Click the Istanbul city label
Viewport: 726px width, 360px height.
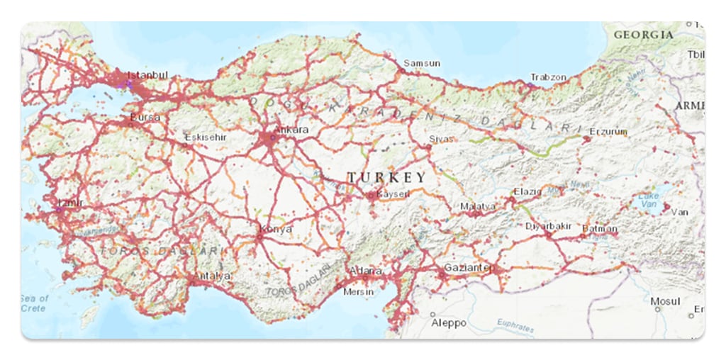(147, 74)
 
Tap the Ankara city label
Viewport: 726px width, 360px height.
(292, 130)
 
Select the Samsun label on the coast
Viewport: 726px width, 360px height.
(422, 63)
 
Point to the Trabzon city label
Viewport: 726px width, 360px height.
(549, 77)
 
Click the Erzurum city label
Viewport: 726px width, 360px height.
(608, 131)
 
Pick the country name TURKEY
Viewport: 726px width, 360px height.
(386, 177)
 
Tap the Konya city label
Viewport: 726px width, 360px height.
(277, 229)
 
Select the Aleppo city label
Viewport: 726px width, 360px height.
(449, 323)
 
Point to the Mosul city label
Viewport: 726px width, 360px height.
(666, 301)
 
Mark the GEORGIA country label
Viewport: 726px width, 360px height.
(644, 34)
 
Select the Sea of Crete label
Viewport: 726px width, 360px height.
(34, 303)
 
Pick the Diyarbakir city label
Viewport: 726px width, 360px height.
(548, 226)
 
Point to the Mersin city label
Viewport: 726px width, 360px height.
(358, 291)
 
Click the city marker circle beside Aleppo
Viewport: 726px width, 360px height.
(432, 313)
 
